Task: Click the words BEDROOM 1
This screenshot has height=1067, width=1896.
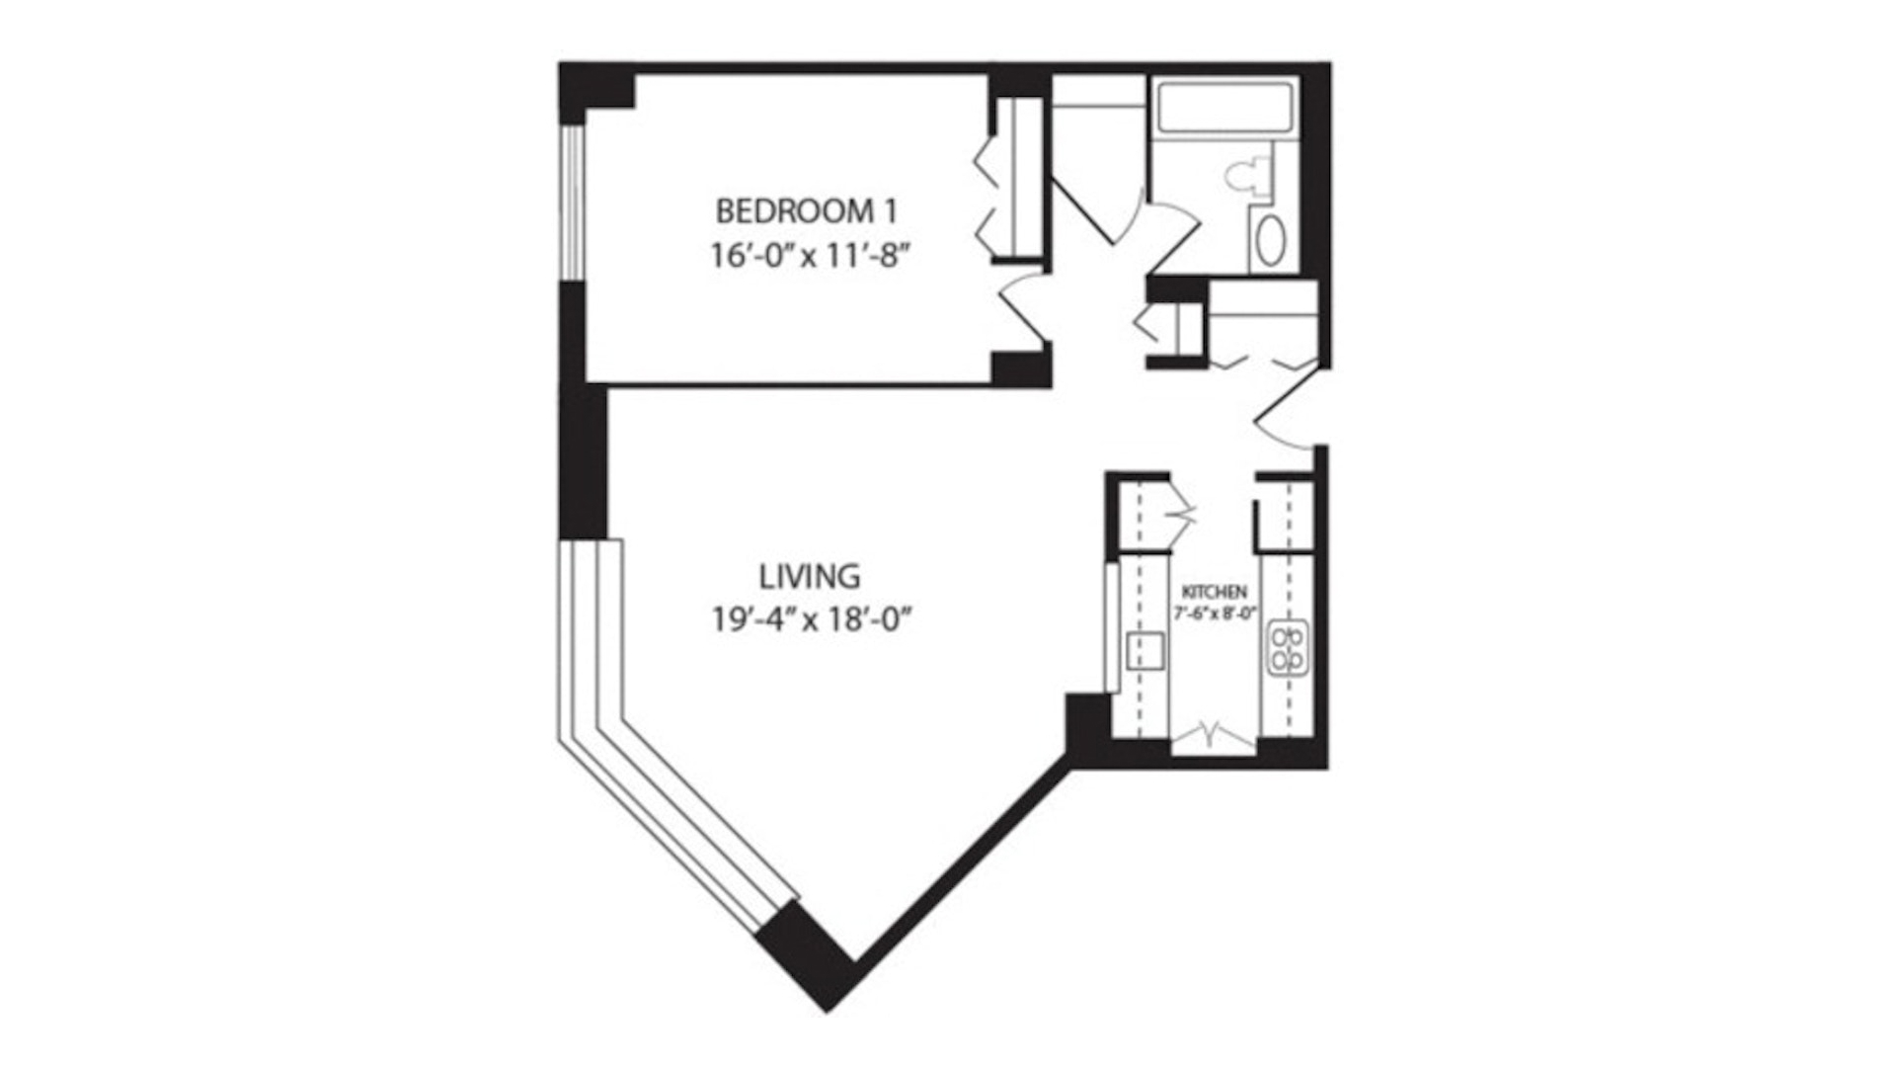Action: click(x=807, y=211)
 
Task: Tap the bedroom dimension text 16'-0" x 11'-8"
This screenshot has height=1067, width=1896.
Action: click(x=809, y=256)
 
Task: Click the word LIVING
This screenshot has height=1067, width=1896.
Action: click(x=809, y=575)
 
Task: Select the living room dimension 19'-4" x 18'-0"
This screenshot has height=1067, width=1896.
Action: click(x=809, y=620)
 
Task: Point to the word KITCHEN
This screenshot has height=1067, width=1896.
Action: click(x=1215, y=592)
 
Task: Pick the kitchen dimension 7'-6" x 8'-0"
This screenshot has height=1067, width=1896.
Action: click(x=1215, y=613)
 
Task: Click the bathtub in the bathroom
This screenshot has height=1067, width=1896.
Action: click(x=1224, y=107)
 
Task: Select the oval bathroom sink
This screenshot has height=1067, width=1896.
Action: click(x=1270, y=240)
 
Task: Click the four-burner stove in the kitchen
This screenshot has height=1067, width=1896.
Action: click(x=1289, y=648)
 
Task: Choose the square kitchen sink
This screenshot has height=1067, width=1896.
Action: click(x=1145, y=652)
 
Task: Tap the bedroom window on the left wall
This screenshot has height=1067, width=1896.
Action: click(x=572, y=203)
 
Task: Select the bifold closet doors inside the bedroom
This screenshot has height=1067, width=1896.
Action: click(x=987, y=203)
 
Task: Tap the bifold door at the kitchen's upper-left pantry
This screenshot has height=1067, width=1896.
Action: click(x=1180, y=513)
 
